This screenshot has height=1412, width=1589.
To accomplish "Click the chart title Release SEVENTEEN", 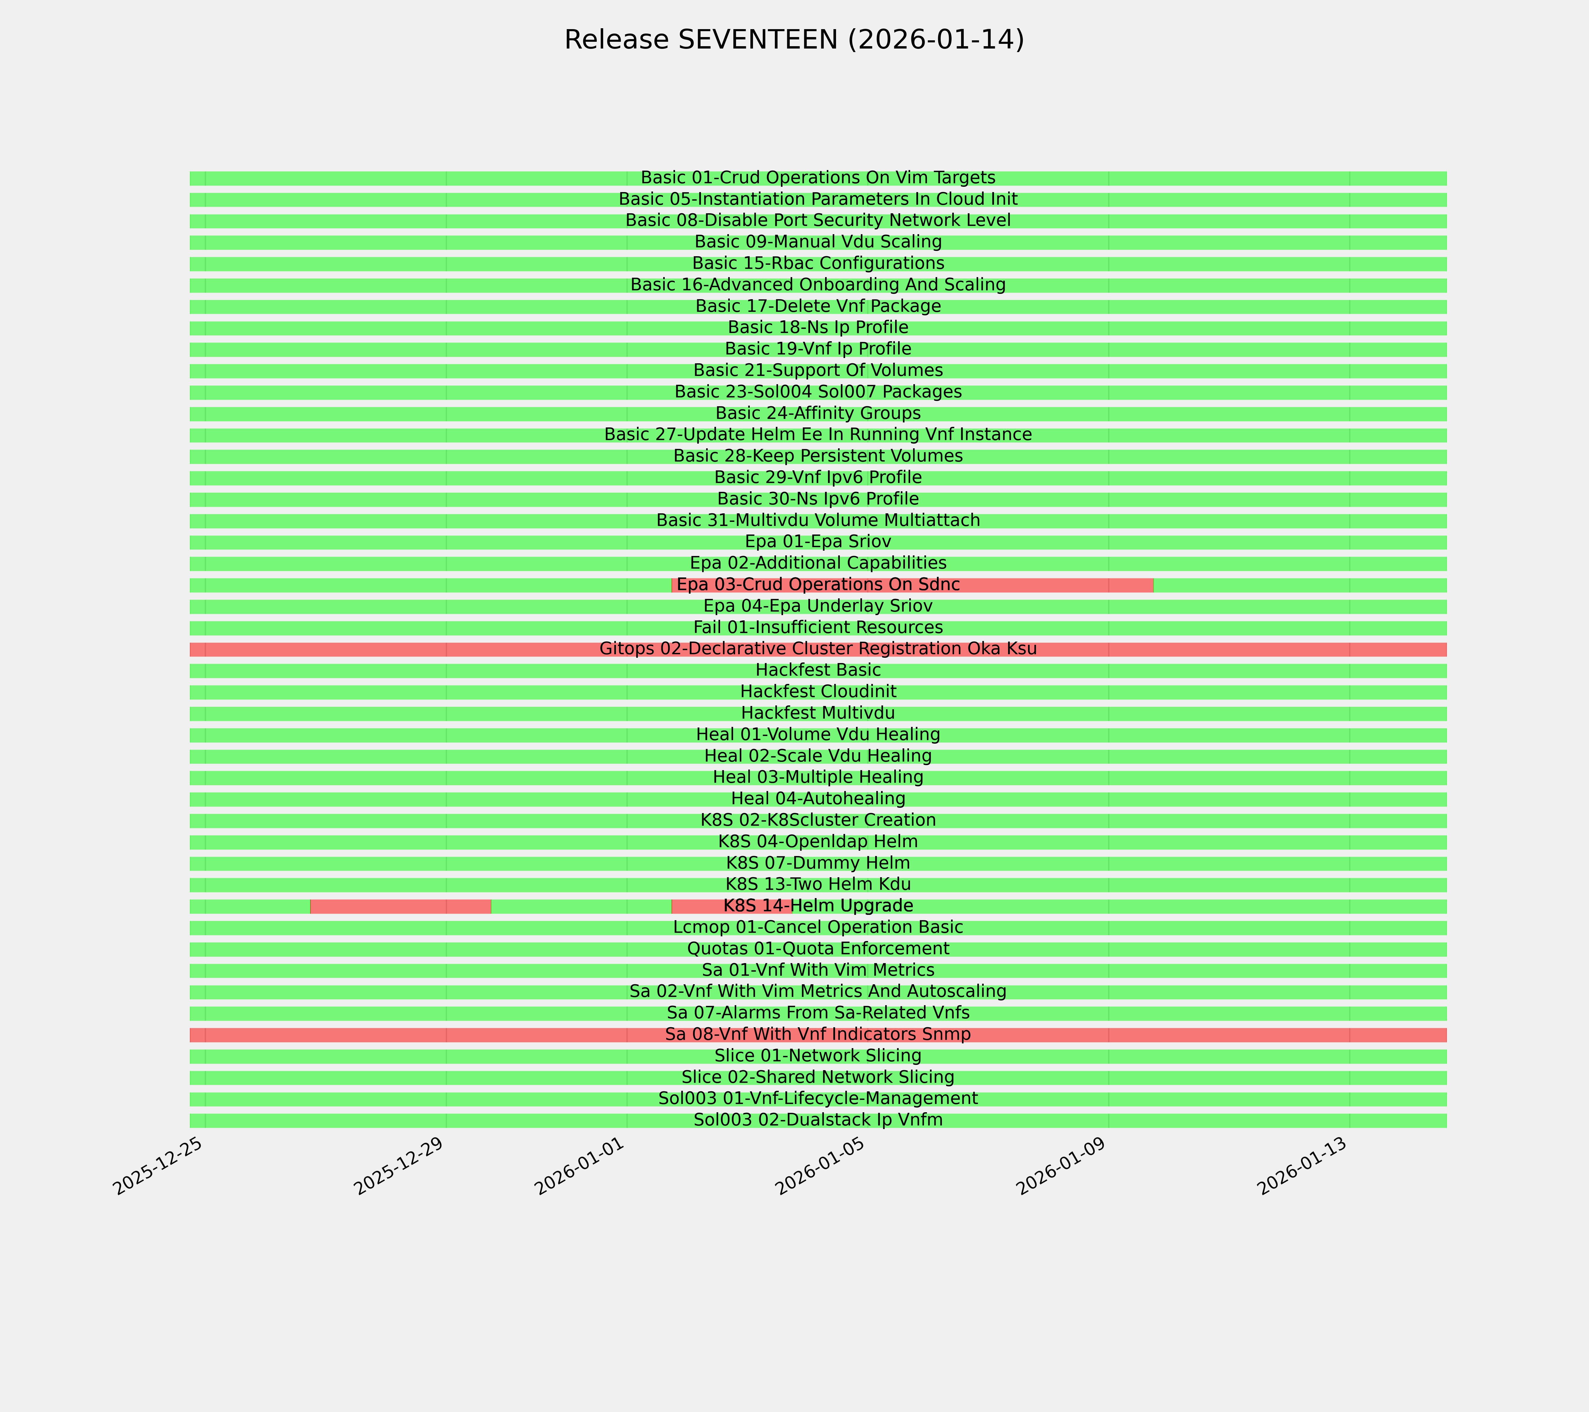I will point(794,40).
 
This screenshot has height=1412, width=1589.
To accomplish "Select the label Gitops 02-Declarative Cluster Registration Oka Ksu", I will point(818,649).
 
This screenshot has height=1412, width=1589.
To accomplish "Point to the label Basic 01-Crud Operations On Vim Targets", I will point(818,178).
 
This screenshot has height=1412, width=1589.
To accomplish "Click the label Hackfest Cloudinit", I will point(818,692).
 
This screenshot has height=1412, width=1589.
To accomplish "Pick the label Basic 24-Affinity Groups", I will point(818,413).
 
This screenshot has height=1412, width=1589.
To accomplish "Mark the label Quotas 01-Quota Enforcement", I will point(818,949).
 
